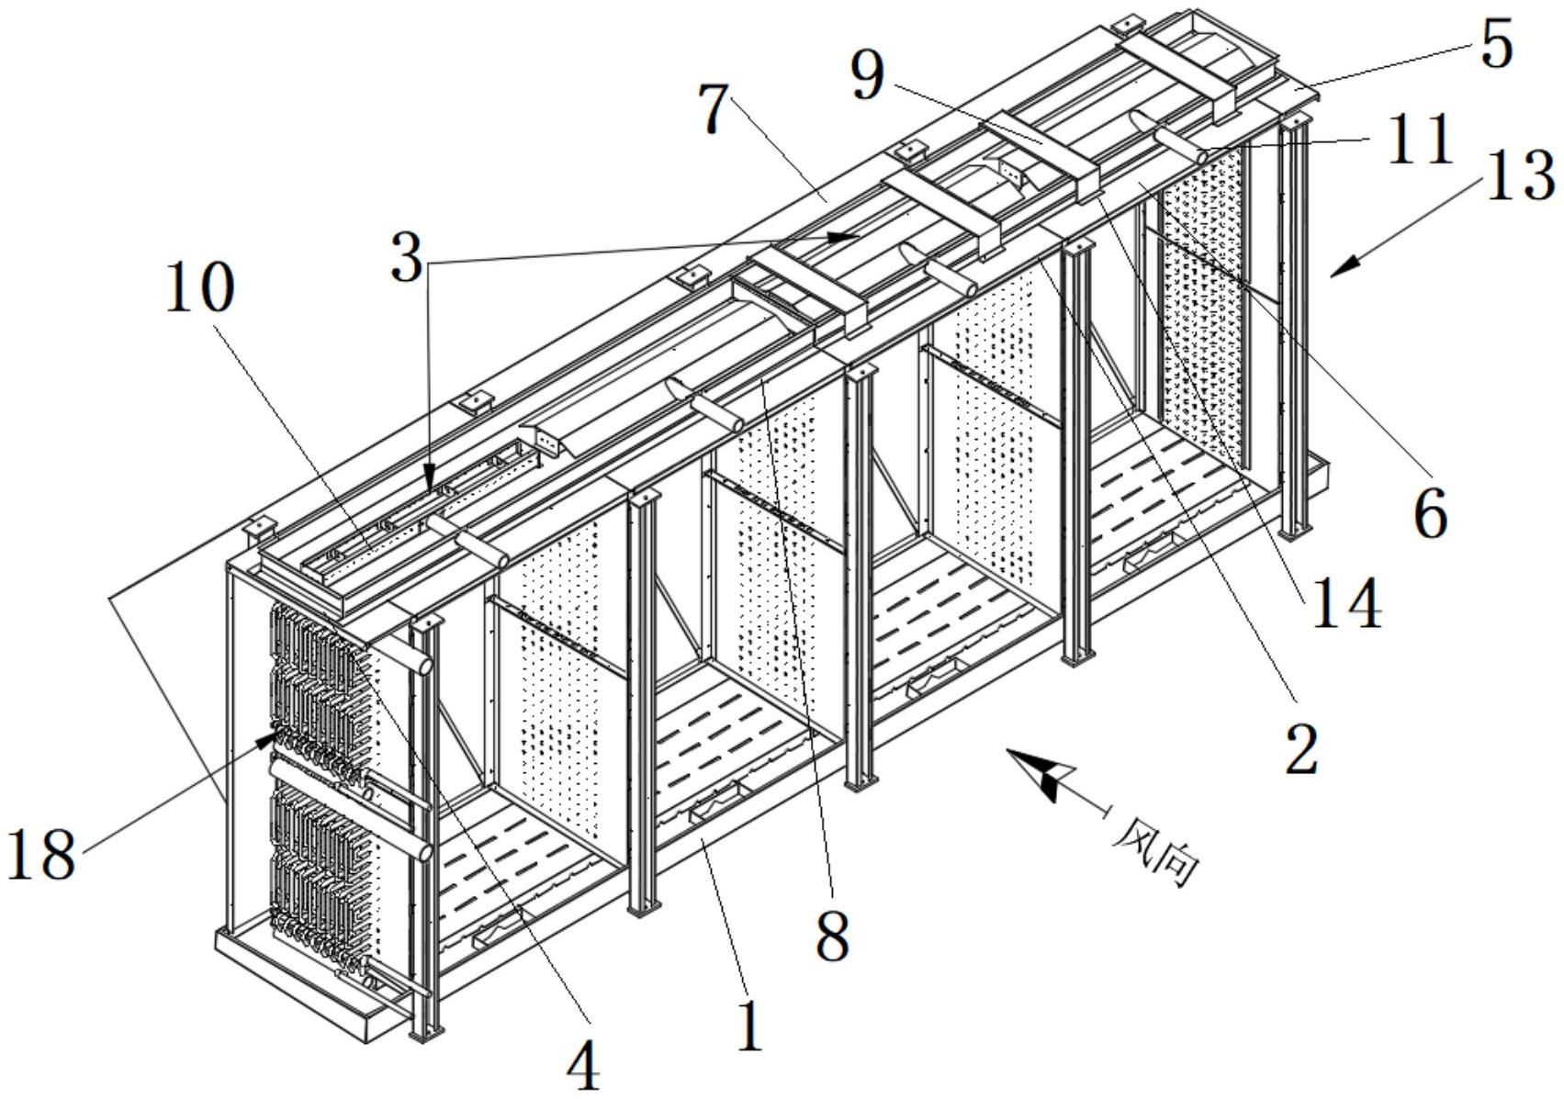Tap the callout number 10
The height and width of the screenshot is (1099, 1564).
coord(199,290)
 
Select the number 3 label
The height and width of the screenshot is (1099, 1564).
coord(406,260)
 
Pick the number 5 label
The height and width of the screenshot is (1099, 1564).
coord(1496,44)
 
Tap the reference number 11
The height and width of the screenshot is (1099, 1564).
coord(1419,140)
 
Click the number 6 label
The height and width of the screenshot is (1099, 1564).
coord(1429,514)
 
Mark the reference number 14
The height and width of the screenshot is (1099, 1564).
coord(1346,607)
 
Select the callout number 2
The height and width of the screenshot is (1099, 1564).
coord(1300,748)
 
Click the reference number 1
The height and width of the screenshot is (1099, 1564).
coord(750,1026)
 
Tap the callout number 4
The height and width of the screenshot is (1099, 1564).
coord(582,1068)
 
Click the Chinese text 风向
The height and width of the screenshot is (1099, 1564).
coord(1158,855)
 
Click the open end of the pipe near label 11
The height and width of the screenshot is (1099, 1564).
coord(1200,157)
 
